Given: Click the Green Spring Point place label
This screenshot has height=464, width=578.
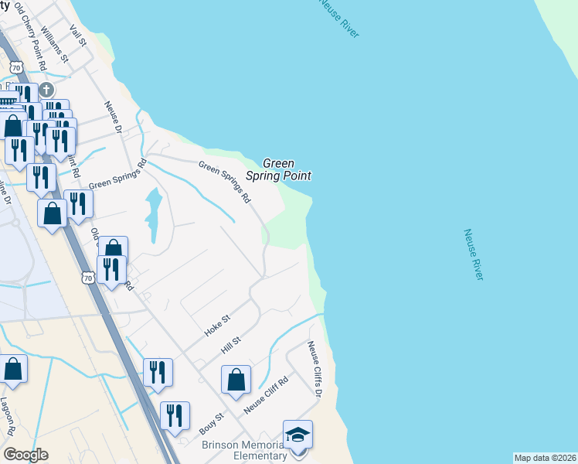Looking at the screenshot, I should coord(278,169).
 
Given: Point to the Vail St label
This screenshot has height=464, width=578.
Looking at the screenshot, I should coord(77,36).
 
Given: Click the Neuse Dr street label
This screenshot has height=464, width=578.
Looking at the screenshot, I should coord(114,118).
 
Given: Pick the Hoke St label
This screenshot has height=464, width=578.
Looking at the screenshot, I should coord(217,325).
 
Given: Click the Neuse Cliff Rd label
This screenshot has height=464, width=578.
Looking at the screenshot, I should coord(266,395).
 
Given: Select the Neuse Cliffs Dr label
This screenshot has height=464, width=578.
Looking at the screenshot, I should coord(314,370).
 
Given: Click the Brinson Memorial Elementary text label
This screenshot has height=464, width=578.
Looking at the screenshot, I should coord(244,451).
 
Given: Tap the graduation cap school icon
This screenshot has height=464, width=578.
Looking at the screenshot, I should coord(297,434).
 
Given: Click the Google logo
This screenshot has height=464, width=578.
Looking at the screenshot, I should coord(25,455).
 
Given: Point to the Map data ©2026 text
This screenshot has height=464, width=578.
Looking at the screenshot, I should coord(545,458).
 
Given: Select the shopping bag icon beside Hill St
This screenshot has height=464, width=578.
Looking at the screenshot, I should coord(236,380).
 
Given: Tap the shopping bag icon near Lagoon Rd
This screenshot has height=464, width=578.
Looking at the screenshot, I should coord(13,369).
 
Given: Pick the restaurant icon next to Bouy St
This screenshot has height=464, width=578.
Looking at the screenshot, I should coord(175,416).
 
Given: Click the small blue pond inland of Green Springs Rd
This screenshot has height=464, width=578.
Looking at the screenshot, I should coord(153,213).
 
